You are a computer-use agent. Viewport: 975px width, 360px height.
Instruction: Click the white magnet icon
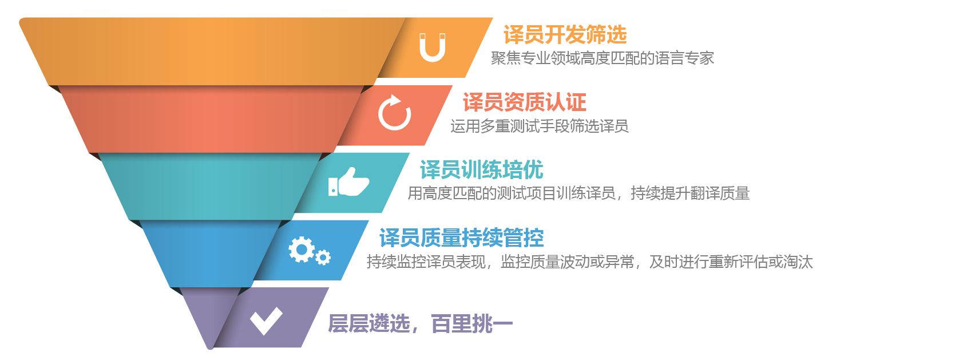[x=432, y=48]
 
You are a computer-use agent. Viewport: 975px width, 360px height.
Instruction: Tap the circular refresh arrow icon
[x=394, y=113]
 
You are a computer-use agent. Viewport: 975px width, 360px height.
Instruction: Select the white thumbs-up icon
[x=348, y=182]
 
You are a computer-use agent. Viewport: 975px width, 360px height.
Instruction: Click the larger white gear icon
[x=301, y=249]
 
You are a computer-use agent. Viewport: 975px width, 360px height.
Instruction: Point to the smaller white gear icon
[x=323, y=258]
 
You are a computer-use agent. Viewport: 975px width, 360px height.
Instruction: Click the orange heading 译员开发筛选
[x=565, y=35]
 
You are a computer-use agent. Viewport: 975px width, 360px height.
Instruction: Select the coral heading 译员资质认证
[x=524, y=102]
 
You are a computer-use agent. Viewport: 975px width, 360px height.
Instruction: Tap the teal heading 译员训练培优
[x=481, y=170]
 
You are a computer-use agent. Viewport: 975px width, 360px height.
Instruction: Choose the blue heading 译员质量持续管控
[x=461, y=238]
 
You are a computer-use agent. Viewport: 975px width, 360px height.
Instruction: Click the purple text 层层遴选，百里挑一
[x=420, y=324]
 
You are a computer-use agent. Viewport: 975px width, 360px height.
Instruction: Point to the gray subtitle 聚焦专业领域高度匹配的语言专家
[x=602, y=58]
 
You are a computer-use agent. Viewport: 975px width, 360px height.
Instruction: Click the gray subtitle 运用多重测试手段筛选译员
[x=539, y=126]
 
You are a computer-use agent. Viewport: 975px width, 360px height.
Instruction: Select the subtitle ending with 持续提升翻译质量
[x=578, y=193]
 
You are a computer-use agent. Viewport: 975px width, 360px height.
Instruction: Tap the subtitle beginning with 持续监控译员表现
[x=589, y=262]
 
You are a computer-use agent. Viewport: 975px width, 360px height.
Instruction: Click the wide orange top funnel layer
[x=212, y=52]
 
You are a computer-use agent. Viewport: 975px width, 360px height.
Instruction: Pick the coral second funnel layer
[x=212, y=119]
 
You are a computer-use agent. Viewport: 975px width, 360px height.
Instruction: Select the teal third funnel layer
[x=212, y=186]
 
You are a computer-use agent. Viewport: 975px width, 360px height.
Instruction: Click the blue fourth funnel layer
[x=212, y=254]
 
